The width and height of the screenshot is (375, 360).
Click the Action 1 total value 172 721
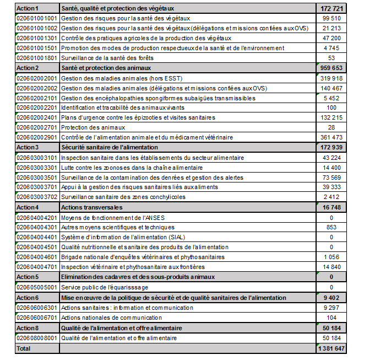pyautogui.click(x=331, y=9)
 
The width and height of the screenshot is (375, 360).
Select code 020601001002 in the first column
pyautogui.click(x=37, y=28)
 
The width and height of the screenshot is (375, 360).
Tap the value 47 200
pyautogui.click(x=331, y=38)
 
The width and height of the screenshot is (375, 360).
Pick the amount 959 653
pyautogui.click(x=331, y=68)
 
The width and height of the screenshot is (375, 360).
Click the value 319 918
pyautogui.click(x=331, y=78)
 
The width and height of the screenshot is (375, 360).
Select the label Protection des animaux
pyautogui.click(x=93, y=127)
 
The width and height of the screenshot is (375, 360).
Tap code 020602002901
pyautogui.click(x=37, y=137)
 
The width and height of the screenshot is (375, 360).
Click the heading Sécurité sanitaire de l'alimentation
pyautogui.click(x=110, y=147)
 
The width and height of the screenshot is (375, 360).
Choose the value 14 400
pyautogui.click(x=331, y=167)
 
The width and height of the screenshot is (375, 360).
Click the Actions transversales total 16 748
pyautogui.click(x=331, y=207)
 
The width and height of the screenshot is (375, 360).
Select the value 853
pyautogui.click(x=331, y=227)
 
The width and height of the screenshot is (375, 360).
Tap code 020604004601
pyautogui.click(x=37, y=257)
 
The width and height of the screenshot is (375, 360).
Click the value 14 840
pyautogui.click(x=331, y=267)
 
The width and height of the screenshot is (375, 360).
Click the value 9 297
pyautogui.click(x=331, y=308)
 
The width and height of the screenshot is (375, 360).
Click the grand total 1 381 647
pyautogui.click(x=331, y=348)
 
